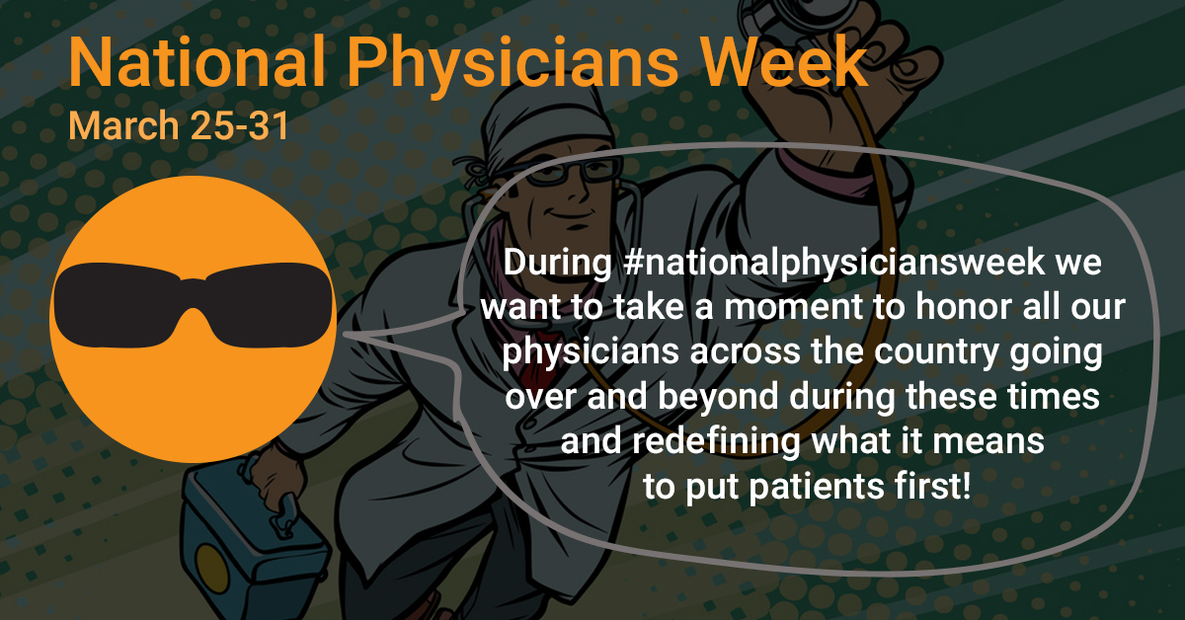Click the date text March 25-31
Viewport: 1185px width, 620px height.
pyautogui.click(x=179, y=126)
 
